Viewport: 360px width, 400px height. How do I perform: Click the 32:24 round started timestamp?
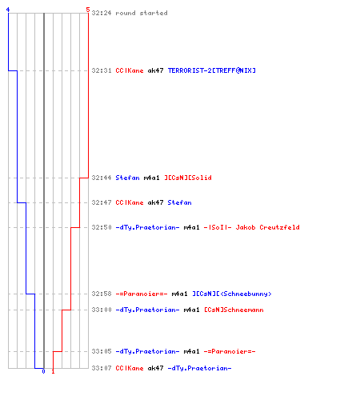[102, 13]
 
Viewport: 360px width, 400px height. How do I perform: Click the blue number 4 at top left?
[8, 10]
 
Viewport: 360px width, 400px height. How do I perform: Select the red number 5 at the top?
[88, 10]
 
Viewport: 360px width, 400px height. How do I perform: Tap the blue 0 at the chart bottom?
[43, 371]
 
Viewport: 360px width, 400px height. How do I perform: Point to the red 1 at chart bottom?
[53, 371]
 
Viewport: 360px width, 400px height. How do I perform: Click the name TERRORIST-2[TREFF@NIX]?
[212, 70]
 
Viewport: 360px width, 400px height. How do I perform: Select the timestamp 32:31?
[102, 70]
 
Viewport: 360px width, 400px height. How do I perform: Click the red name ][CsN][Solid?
[188, 178]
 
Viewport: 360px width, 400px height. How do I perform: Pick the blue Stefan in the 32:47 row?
[179, 202]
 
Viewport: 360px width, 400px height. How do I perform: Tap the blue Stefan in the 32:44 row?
[127, 178]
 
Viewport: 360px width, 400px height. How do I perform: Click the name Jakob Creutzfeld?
[267, 227]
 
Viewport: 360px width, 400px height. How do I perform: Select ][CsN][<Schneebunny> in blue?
[232, 294]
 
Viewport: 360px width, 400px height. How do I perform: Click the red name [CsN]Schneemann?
[234, 310]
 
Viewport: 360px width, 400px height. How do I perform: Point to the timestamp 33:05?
[102, 351]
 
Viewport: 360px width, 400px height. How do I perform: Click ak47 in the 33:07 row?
[155, 368]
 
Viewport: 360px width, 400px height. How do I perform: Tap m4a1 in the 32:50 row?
[191, 227]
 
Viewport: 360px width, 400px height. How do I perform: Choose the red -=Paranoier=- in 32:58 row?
[142, 294]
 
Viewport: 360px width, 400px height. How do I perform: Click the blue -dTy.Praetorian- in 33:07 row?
[199, 368]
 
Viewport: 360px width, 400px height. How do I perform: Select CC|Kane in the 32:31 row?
[130, 70]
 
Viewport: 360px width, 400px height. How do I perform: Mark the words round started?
[142, 13]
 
